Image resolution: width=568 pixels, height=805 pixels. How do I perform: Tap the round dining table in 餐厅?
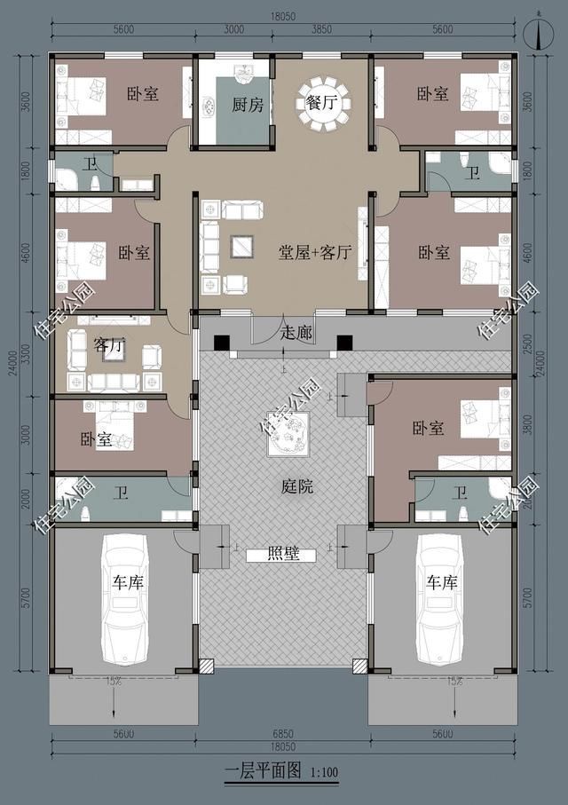pos(324,103)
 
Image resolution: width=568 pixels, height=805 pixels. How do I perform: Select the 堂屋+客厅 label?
pos(315,252)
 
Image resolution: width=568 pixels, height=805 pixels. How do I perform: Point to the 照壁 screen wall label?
pos(283,555)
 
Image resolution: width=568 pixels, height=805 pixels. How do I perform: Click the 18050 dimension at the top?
pos(283,17)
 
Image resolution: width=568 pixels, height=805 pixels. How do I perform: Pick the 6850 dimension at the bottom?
pos(282,734)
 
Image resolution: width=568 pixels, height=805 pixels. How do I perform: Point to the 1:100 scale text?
pos(325,772)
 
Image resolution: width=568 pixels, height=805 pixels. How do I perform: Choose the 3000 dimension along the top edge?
pos(234,30)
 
